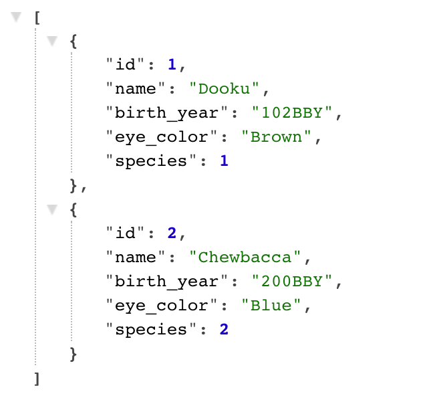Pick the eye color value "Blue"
tap(271, 305)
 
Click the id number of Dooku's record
tap(172, 64)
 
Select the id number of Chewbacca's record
tap(172, 233)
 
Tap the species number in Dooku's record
tap(224, 161)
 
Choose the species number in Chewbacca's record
tap(224, 329)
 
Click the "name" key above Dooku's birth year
tap(130, 88)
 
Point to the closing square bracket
tap(37, 378)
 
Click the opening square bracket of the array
tap(37, 17)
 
